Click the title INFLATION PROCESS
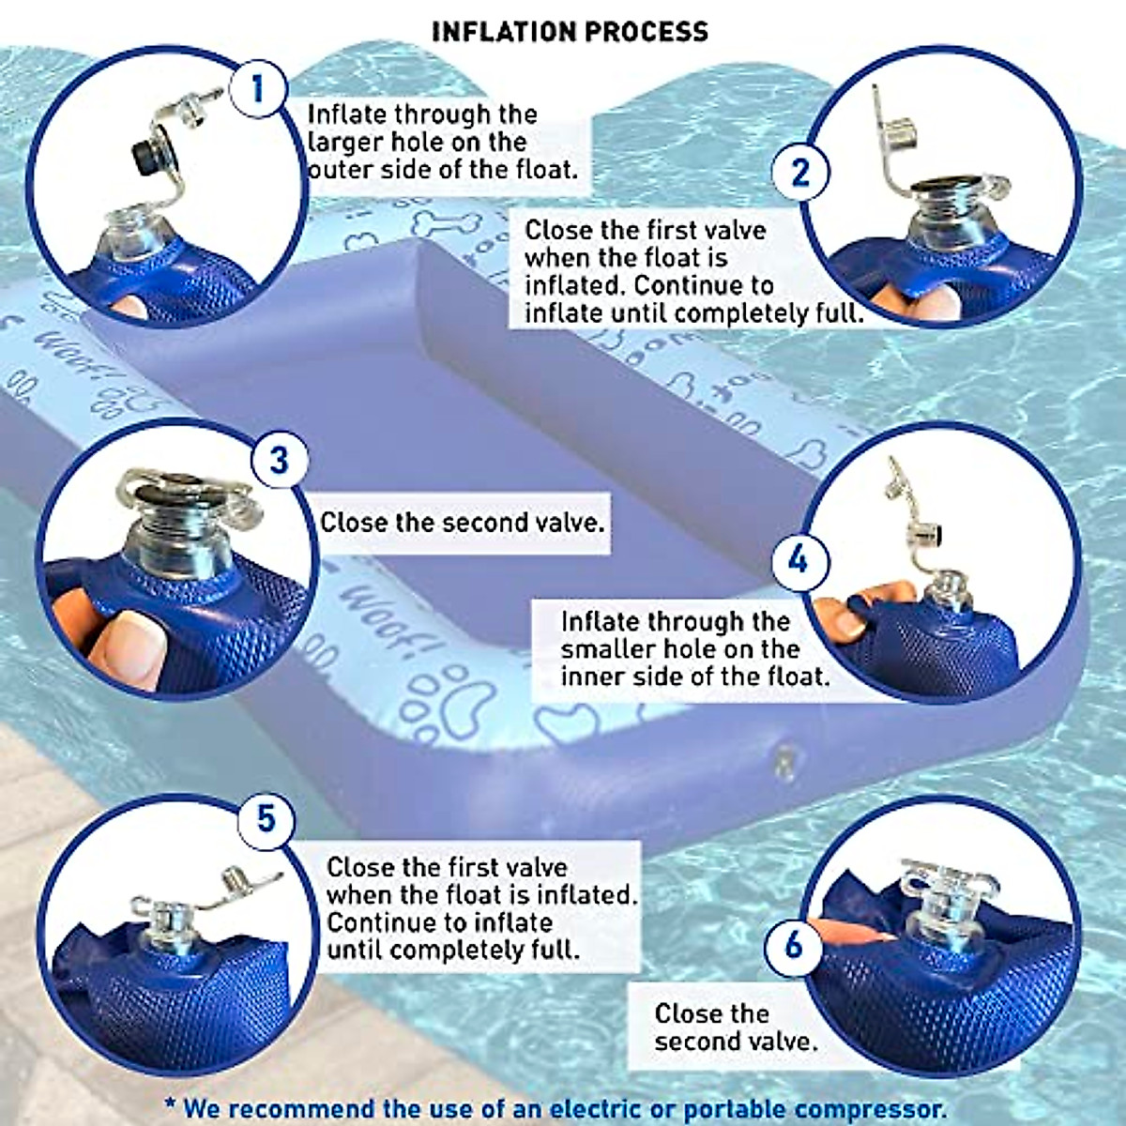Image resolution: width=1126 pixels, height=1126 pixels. tap(570, 31)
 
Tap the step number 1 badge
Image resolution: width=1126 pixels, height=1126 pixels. tap(258, 90)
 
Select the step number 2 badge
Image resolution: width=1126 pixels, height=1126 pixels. tap(799, 173)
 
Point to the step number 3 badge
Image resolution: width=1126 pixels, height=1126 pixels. tap(279, 461)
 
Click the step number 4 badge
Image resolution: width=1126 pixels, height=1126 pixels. tap(798, 560)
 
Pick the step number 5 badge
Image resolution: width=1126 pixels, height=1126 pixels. tap(266, 818)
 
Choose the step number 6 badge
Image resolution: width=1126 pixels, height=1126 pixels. tap(793, 943)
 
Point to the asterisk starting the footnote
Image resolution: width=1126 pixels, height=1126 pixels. tap(170, 1105)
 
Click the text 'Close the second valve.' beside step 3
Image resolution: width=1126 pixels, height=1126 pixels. tap(462, 523)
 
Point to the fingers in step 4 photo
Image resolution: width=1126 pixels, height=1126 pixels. tap(859, 610)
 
